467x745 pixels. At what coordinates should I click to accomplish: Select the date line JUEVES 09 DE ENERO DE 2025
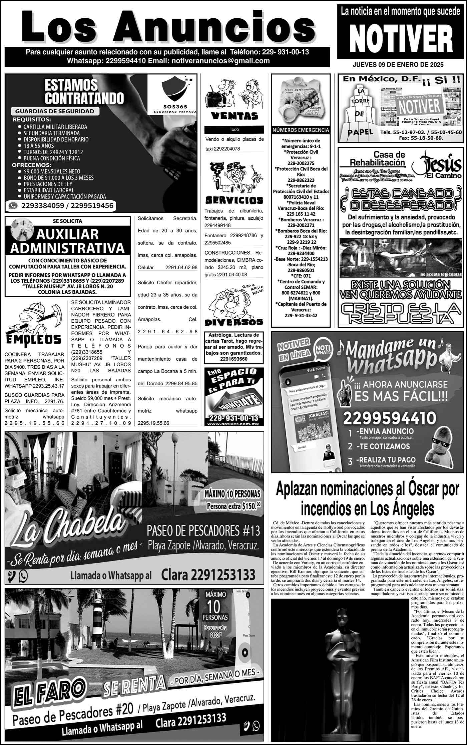click(x=398, y=65)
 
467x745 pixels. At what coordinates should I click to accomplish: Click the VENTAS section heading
click(x=234, y=116)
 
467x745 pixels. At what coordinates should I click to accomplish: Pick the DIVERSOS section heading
click(x=234, y=322)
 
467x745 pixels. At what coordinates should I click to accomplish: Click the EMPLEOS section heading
click(x=34, y=339)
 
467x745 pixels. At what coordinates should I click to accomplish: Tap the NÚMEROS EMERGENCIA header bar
click(x=301, y=130)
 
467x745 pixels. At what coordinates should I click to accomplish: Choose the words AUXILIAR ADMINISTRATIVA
click(x=67, y=241)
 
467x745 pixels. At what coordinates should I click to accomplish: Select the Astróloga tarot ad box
click(x=234, y=347)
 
